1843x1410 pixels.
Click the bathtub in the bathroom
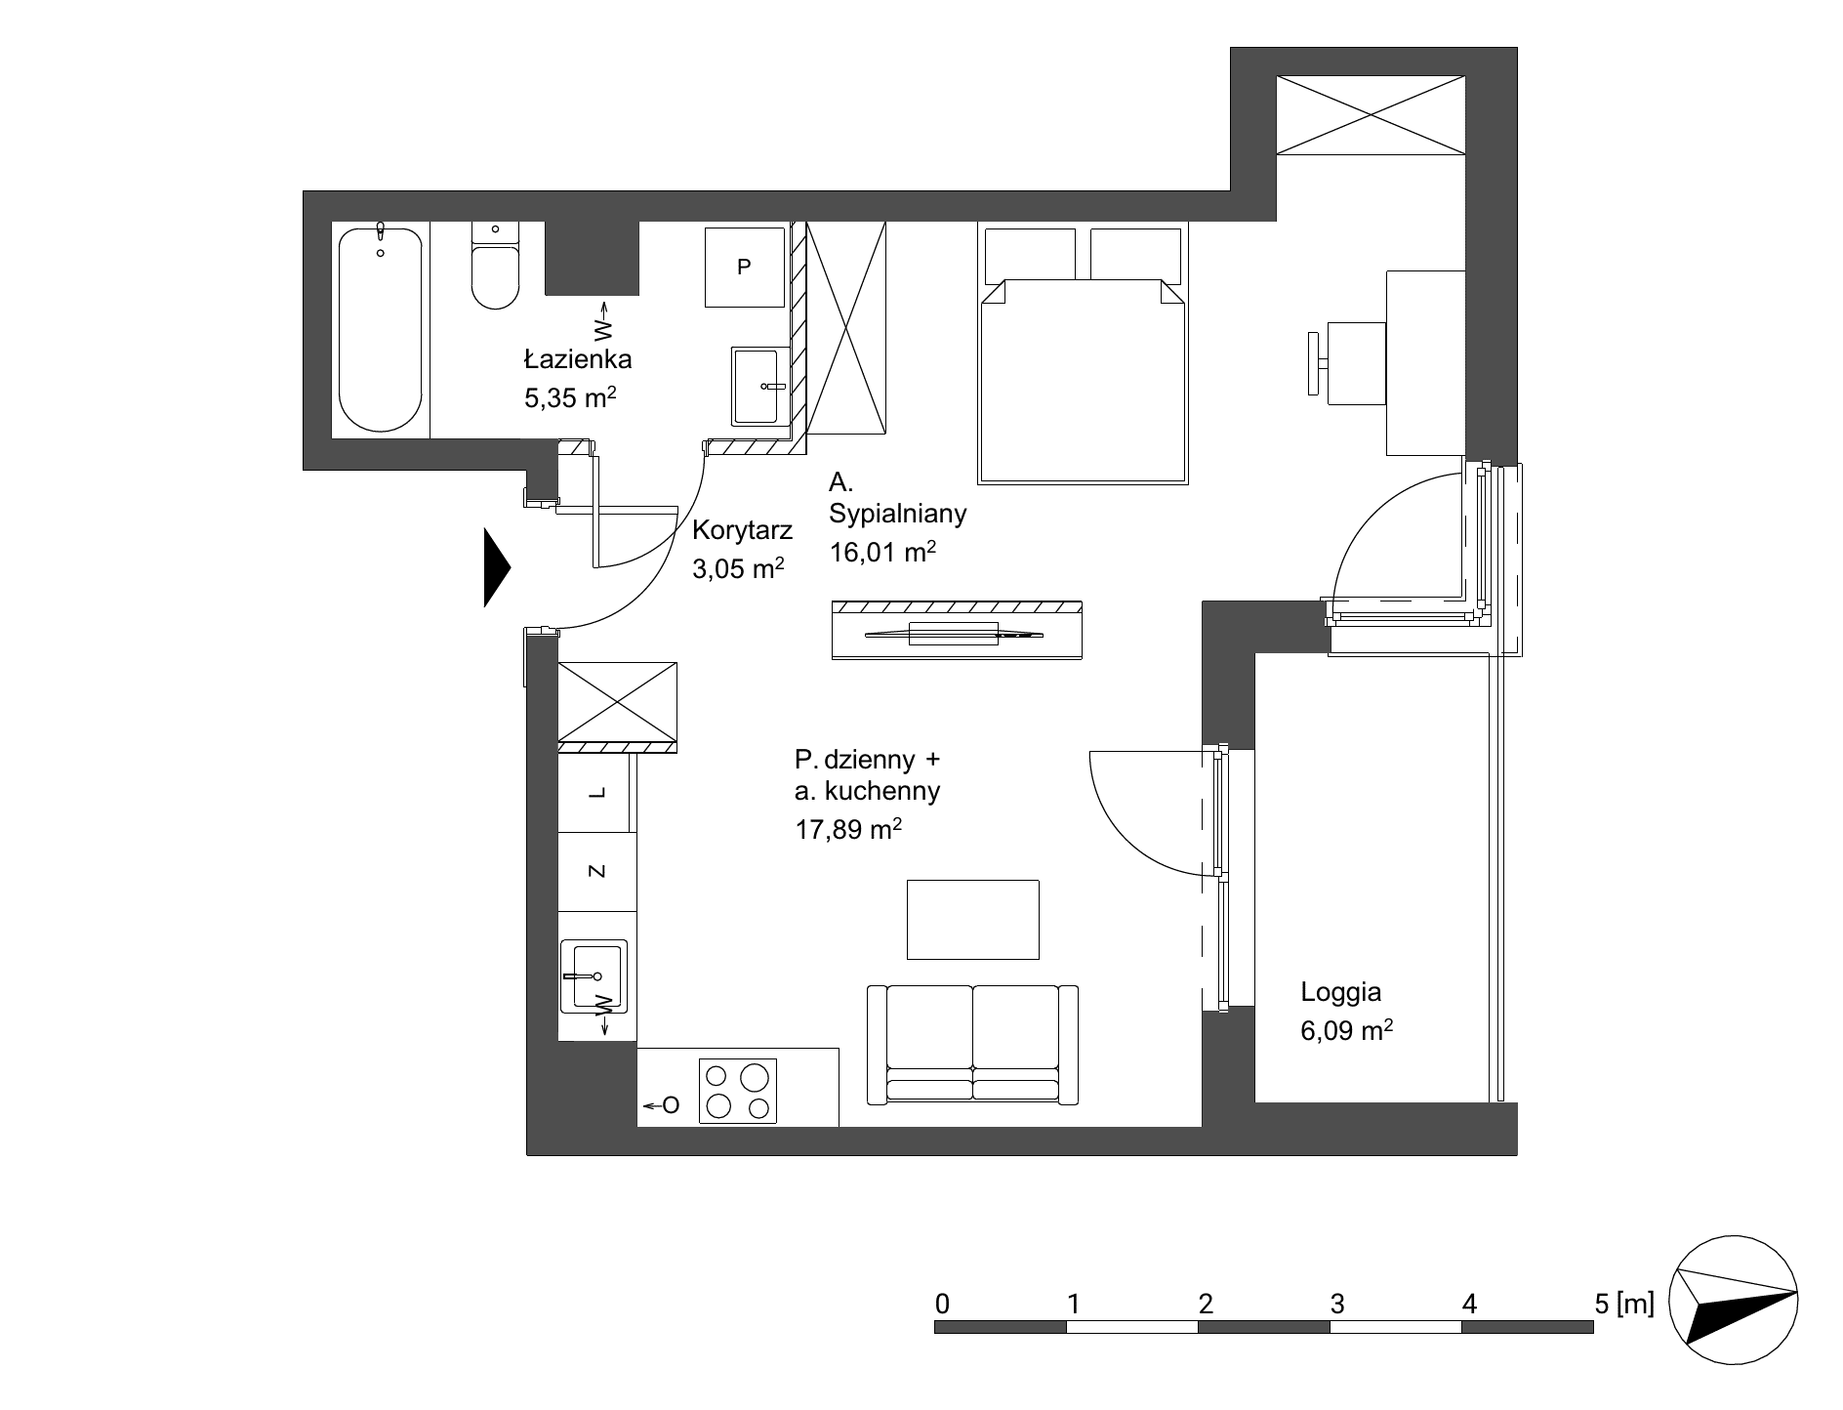click(x=381, y=329)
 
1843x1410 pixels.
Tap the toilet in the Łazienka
click(x=495, y=265)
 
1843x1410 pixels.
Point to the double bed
click(x=1084, y=353)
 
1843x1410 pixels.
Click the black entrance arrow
click(x=497, y=567)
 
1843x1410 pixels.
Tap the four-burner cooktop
click(x=738, y=1091)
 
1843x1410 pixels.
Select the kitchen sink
click(x=594, y=976)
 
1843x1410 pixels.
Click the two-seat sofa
click(x=972, y=1045)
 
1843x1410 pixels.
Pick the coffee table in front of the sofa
click(x=972, y=920)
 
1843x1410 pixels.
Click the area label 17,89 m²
click(x=847, y=830)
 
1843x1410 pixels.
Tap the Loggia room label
click(x=1340, y=992)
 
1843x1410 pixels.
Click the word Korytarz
click(x=742, y=531)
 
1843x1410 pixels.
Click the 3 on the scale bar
click(x=1337, y=1303)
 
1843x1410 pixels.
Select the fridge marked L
click(x=596, y=792)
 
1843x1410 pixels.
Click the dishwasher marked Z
click(x=596, y=872)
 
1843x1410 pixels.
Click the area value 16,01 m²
click(x=882, y=552)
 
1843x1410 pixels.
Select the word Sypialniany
click(x=898, y=514)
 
